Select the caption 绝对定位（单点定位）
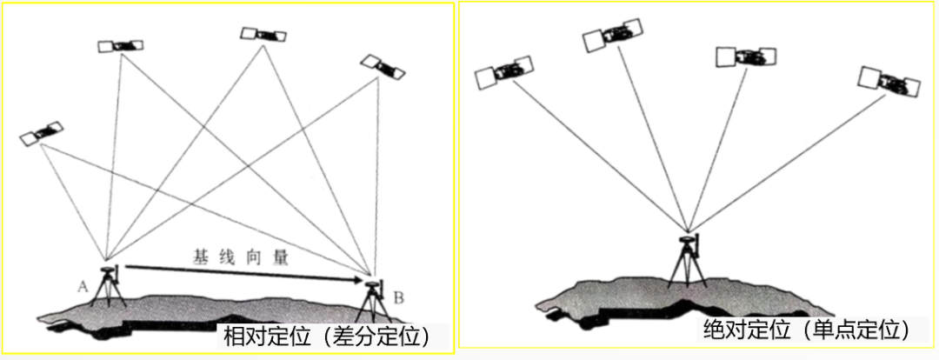[x=808, y=330]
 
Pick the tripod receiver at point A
[x=110, y=286]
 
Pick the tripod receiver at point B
[x=375, y=301]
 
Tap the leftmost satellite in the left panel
[x=42, y=131]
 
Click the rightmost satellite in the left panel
[x=382, y=66]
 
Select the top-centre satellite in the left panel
[x=263, y=35]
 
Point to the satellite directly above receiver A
[x=120, y=44]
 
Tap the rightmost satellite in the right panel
[x=888, y=81]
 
